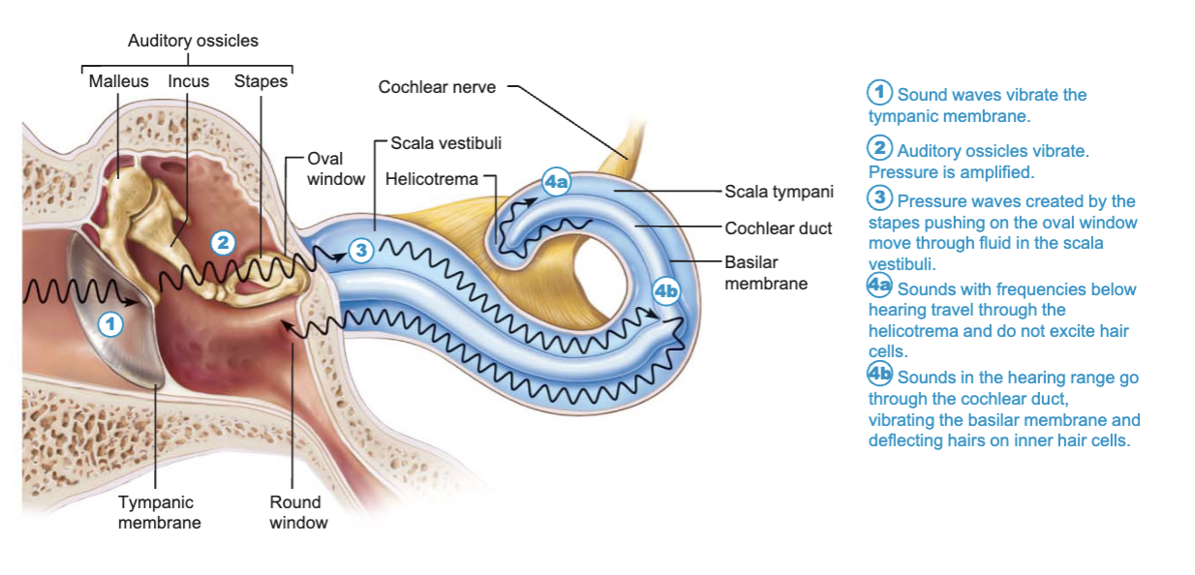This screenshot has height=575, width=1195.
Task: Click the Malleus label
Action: [x=118, y=81]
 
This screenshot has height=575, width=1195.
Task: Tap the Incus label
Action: [x=188, y=81]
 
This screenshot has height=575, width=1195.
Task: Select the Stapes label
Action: [x=260, y=81]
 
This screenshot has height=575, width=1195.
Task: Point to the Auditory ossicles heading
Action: [x=193, y=41]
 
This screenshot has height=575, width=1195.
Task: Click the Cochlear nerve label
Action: [x=437, y=87]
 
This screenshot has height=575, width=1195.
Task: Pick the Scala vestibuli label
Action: [x=446, y=143]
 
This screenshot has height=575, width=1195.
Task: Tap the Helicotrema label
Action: [x=432, y=179]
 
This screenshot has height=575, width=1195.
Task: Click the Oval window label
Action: [x=336, y=168]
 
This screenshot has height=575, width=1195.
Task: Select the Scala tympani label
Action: [x=779, y=192]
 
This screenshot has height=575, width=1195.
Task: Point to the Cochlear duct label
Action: [x=778, y=228]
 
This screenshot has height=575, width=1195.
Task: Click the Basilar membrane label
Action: [x=766, y=273]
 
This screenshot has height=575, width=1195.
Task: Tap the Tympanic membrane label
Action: [x=160, y=512]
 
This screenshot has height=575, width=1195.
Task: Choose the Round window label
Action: [x=298, y=512]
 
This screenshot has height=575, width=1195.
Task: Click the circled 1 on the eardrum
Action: [x=110, y=324]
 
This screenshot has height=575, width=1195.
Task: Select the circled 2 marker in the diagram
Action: [x=223, y=243]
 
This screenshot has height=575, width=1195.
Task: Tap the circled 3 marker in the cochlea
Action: [x=361, y=250]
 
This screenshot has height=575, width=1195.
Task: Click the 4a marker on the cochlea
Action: [x=556, y=182]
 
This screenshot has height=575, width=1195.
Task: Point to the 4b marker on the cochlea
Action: [x=666, y=291]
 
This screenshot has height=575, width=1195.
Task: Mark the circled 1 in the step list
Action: [x=879, y=92]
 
